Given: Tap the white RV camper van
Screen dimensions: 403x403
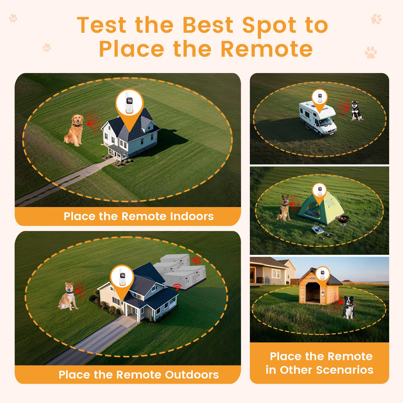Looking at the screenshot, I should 318,118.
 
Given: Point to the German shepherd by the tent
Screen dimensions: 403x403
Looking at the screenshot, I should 284,208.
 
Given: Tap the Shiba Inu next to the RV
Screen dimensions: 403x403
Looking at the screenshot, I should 356,111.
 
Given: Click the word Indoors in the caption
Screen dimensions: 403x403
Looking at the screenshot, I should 192,216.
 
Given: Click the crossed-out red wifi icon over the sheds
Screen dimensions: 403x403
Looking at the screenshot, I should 196,261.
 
